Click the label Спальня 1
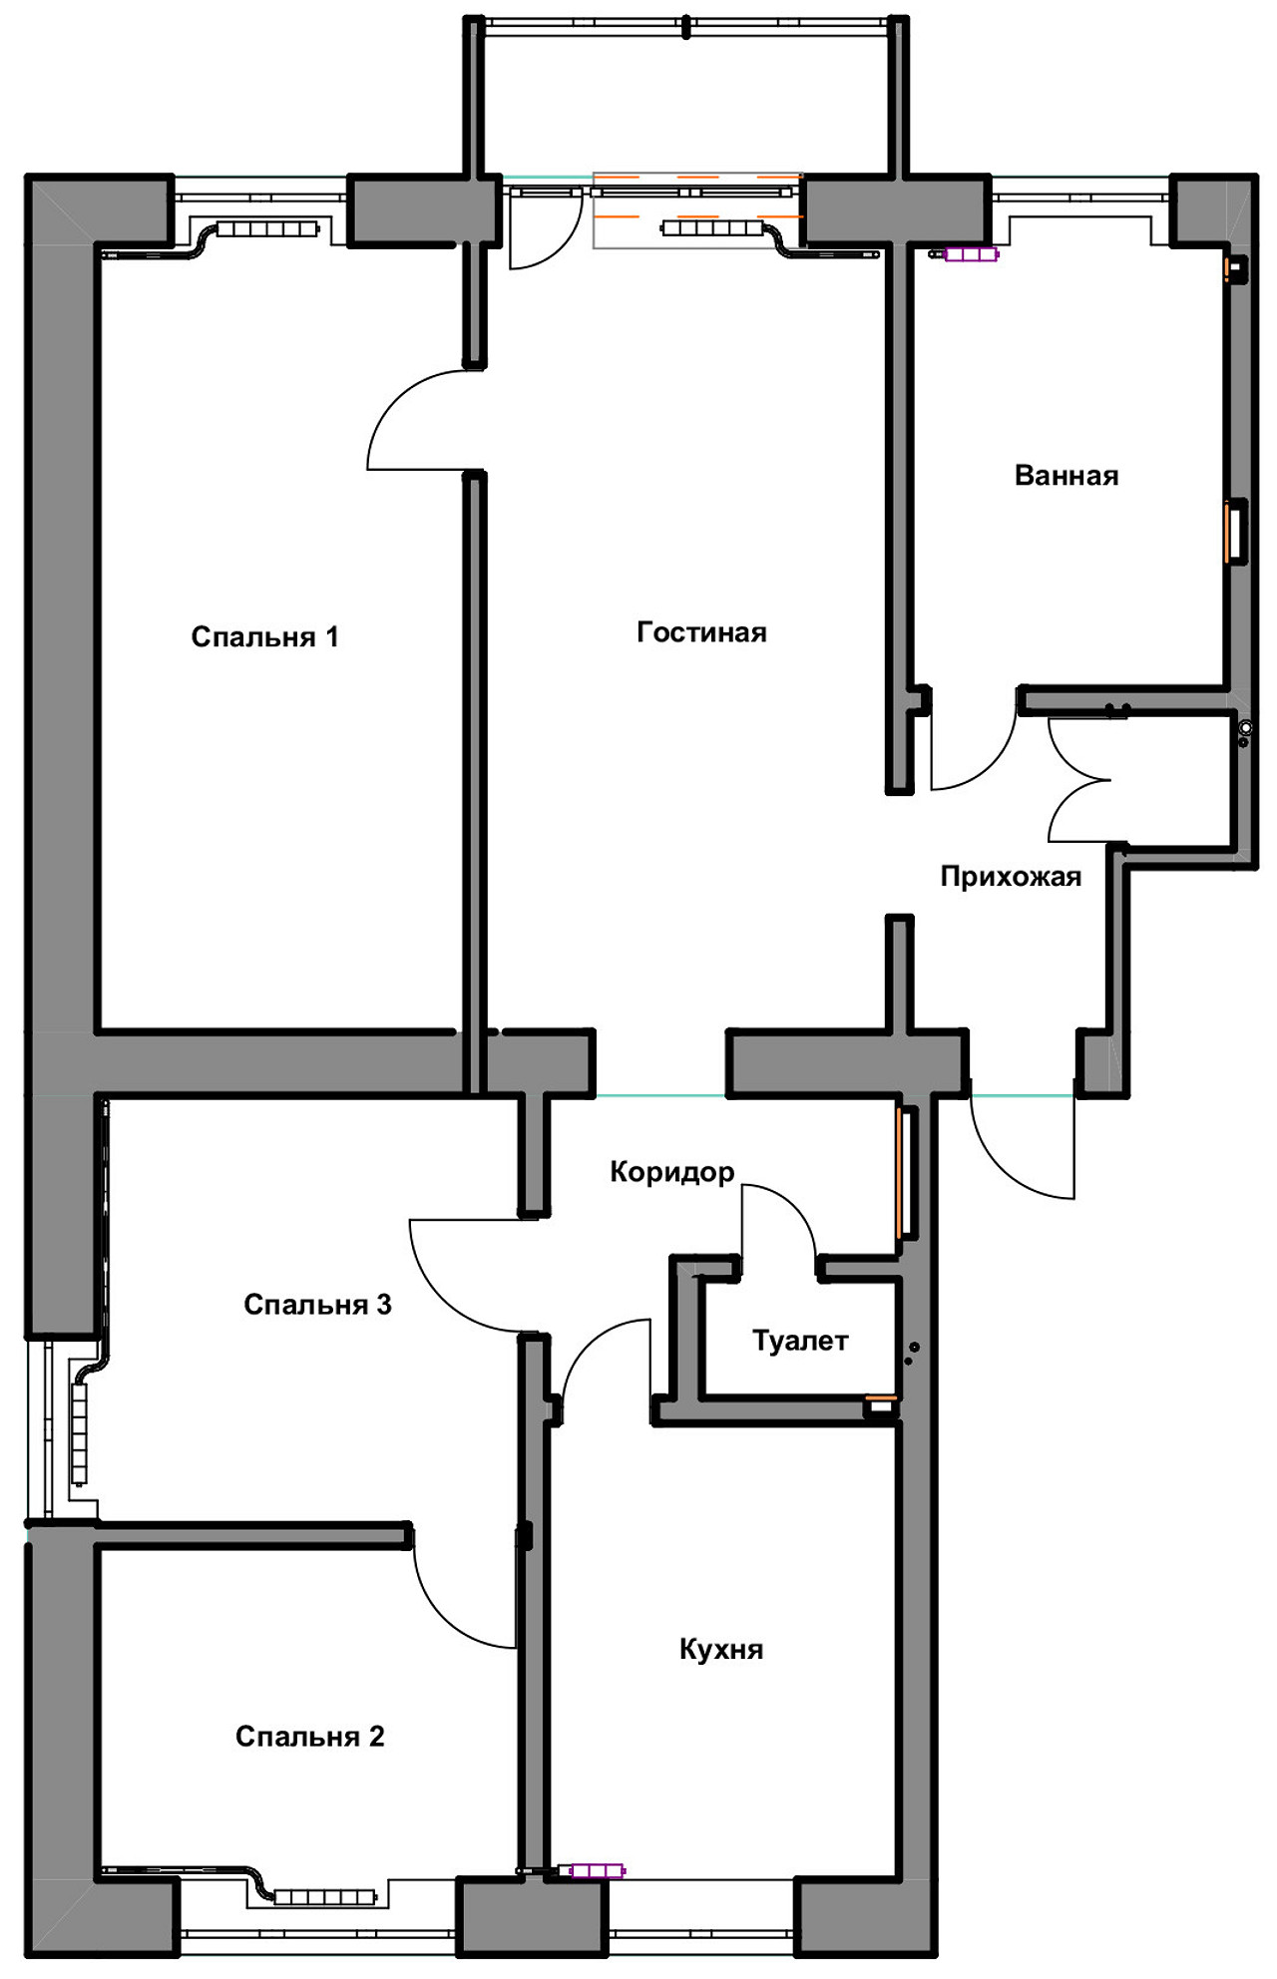[264, 636]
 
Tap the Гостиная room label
[701, 632]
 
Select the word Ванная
[1065, 476]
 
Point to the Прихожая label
[1011, 877]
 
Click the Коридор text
[671, 1171]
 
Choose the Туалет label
[800, 1341]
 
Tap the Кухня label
[721, 1649]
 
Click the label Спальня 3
[317, 1305]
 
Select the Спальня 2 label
[309, 1737]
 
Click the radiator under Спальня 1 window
[267, 229]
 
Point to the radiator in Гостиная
[712, 228]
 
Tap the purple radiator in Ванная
[971, 254]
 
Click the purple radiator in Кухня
[596, 1870]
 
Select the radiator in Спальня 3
[79, 1432]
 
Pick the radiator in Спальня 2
[324, 1896]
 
